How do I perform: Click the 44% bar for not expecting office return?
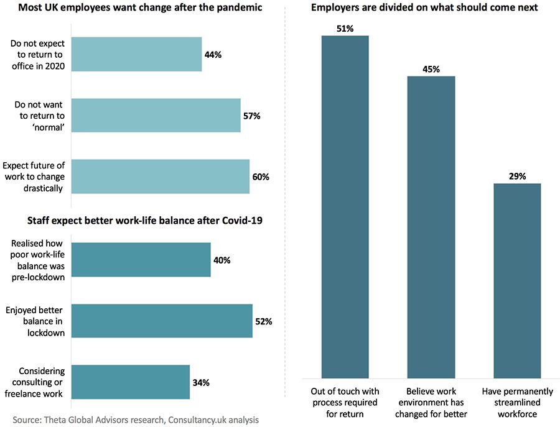click(137, 54)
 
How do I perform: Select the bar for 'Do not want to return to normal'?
click(156, 115)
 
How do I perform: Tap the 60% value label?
click(261, 177)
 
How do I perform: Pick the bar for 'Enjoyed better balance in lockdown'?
click(162, 321)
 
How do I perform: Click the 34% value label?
click(201, 382)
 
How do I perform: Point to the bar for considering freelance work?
click(131, 382)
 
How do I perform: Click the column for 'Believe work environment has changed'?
click(431, 227)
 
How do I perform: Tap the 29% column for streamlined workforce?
click(517, 280)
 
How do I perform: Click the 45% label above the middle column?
click(431, 69)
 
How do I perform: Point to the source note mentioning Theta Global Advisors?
click(136, 420)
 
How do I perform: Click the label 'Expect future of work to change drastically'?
click(34, 177)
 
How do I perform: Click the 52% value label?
click(264, 321)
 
